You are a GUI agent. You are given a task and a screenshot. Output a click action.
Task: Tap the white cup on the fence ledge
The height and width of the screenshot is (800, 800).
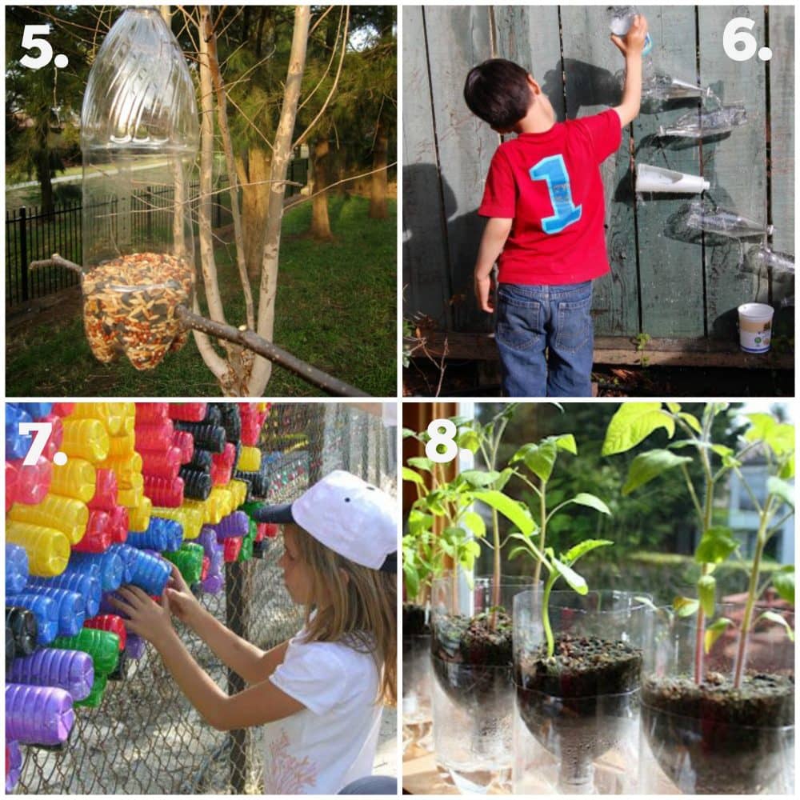pyautogui.click(x=755, y=327)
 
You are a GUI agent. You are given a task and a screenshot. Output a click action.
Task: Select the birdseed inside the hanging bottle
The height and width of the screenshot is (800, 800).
pyautogui.click(x=137, y=309)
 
